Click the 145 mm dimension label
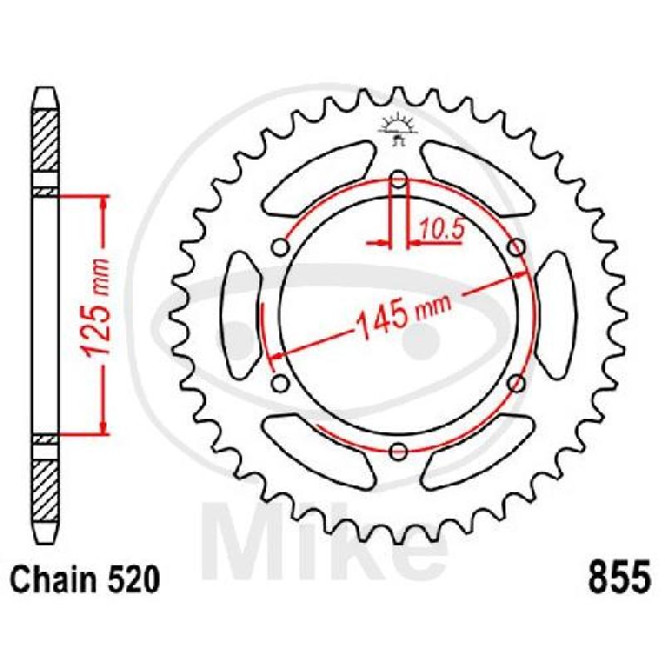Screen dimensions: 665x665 pyautogui.click(x=403, y=315)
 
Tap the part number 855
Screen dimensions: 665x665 pyautogui.click(x=618, y=576)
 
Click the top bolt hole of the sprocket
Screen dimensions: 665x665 pyautogui.click(x=398, y=179)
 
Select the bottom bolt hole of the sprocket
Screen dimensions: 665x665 pyautogui.click(x=398, y=451)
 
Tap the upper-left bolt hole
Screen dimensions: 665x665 pyautogui.click(x=280, y=247)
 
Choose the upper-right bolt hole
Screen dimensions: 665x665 pyautogui.click(x=516, y=247)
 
